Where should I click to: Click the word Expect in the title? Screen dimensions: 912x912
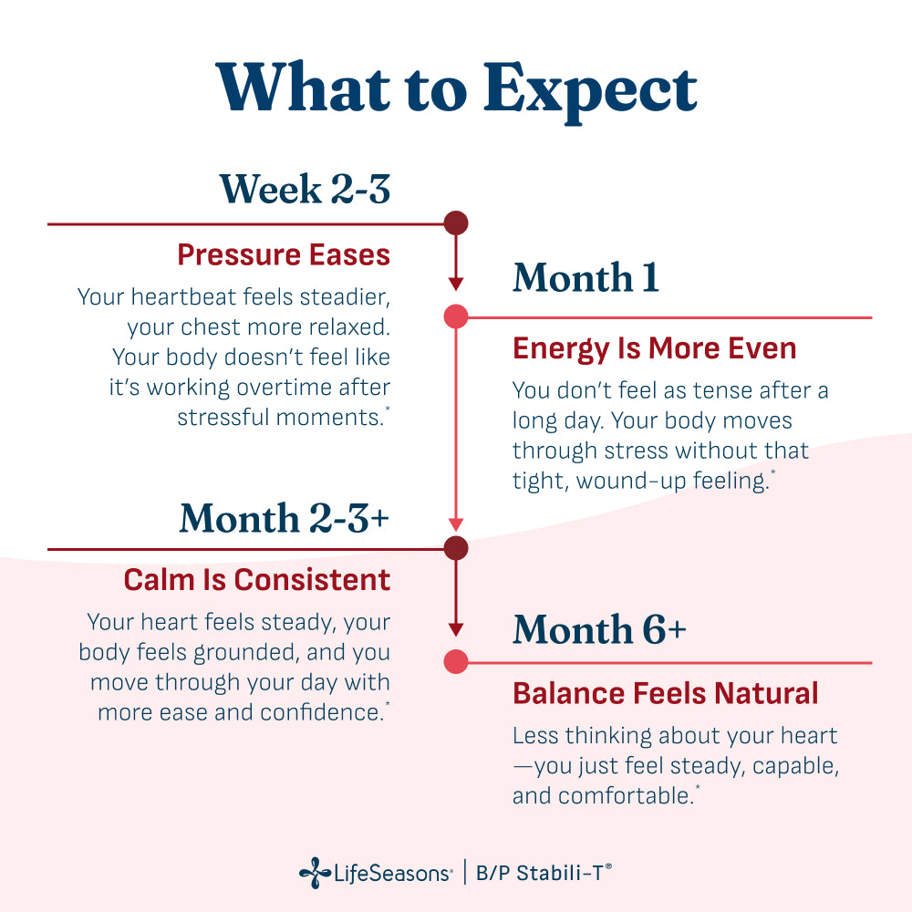(x=590, y=91)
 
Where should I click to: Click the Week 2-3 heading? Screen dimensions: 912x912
(x=305, y=189)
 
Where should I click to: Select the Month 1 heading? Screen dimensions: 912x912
(x=586, y=277)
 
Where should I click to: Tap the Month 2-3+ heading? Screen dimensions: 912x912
(x=284, y=518)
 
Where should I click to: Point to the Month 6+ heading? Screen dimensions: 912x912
(x=599, y=629)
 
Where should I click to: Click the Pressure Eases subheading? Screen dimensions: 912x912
(x=284, y=254)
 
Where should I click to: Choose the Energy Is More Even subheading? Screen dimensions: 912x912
(x=654, y=349)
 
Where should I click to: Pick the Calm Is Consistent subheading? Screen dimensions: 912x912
(x=257, y=580)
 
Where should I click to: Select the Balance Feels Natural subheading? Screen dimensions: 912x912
(x=666, y=693)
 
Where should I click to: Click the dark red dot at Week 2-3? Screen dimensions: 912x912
(x=456, y=223)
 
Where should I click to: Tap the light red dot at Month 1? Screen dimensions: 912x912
(x=456, y=317)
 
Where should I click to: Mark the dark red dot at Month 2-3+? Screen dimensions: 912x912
(x=456, y=548)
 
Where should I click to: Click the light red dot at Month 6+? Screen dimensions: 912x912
(x=456, y=662)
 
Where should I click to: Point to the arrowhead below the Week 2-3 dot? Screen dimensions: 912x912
(x=456, y=284)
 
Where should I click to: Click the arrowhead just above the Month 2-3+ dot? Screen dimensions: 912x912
(x=456, y=524)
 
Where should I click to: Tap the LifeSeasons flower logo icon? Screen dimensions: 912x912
(x=315, y=873)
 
